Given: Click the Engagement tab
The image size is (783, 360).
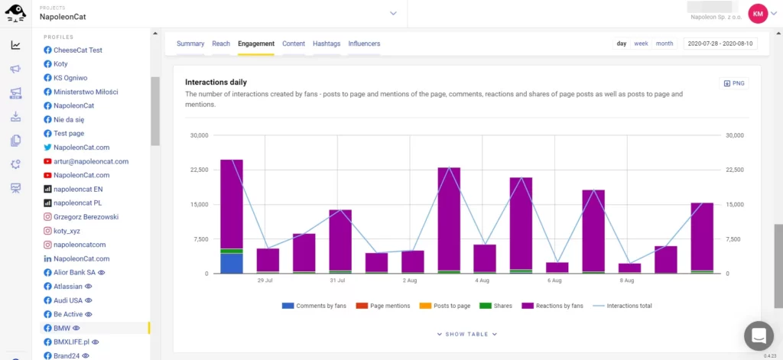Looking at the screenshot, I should pyautogui.click(x=255, y=44).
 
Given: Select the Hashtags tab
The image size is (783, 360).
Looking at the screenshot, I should pyautogui.click(x=327, y=44).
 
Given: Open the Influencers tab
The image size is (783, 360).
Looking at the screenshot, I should pyautogui.click(x=364, y=44).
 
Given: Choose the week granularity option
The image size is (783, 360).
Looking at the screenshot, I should pyautogui.click(x=641, y=44).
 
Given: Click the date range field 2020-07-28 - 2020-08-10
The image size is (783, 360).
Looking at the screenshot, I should pyautogui.click(x=720, y=44).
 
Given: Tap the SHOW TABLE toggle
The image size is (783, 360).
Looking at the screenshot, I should pyautogui.click(x=467, y=334).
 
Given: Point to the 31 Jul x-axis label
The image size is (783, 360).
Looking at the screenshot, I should pyautogui.click(x=337, y=281).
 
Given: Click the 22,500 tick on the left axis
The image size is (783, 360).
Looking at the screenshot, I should pyautogui.click(x=198, y=170).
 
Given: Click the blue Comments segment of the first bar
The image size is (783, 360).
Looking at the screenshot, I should pyautogui.click(x=232, y=263).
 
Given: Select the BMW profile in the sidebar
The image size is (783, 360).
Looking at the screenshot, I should pyautogui.click(x=62, y=328).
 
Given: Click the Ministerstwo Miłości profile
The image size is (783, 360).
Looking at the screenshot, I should pyautogui.click(x=85, y=92).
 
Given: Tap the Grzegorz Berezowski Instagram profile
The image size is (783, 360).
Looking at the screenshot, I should pyautogui.click(x=86, y=217).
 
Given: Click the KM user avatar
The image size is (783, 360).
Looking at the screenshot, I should pyautogui.click(x=758, y=13).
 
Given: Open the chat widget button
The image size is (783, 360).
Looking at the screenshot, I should pyautogui.click(x=759, y=335).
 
